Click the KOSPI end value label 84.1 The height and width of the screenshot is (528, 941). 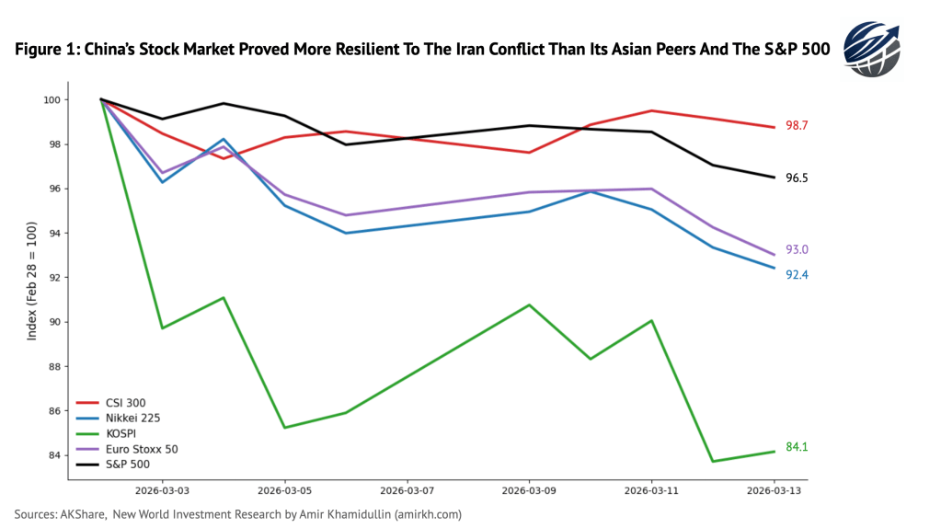coord(797,448)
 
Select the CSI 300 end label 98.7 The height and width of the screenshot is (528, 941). coord(797,125)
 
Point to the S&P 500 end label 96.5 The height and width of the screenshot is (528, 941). coord(797,178)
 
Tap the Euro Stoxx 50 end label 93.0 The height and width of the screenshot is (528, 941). coord(797,250)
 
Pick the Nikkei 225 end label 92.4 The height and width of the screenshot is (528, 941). coord(797,275)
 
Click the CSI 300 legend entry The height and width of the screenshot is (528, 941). coord(122,403)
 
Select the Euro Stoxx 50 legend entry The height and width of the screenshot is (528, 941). coord(134,449)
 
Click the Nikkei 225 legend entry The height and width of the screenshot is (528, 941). coord(127,419)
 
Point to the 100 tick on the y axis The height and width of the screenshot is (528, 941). coord(52,99)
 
